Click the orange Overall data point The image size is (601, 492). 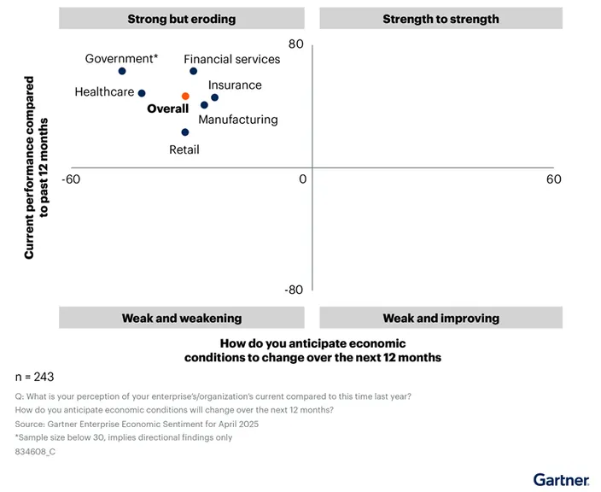(x=185, y=97)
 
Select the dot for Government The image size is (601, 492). (x=122, y=71)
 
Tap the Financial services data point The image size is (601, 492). (x=193, y=71)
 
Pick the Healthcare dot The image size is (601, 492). (x=142, y=93)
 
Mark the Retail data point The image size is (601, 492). (x=184, y=132)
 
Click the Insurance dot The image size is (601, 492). (x=214, y=97)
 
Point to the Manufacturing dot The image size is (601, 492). (x=204, y=105)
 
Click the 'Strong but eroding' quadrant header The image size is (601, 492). (x=181, y=19)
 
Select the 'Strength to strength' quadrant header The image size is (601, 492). (x=441, y=19)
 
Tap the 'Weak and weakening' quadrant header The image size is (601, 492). (x=181, y=318)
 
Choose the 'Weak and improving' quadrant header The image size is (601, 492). (x=441, y=318)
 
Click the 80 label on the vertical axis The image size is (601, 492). (x=295, y=44)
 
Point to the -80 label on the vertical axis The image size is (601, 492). (x=293, y=290)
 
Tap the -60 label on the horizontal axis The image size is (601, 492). (x=71, y=179)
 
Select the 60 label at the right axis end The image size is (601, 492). (x=553, y=179)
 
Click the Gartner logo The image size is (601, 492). (x=561, y=479)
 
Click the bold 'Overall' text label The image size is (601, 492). (x=167, y=109)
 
